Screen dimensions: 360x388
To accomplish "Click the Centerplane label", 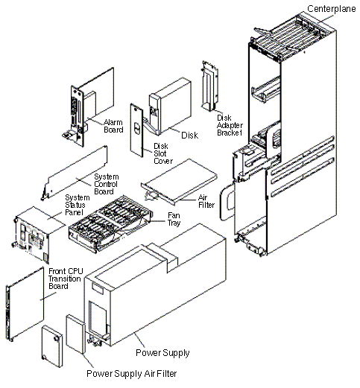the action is click(x=332, y=9).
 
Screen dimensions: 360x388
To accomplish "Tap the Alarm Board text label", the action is click(x=113, y=126).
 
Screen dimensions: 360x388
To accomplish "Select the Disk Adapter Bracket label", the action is click(x=230, y=125).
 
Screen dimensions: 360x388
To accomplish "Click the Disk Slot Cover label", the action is click(x=163, y=153).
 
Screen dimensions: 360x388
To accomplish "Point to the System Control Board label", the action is click(x=106, y=184).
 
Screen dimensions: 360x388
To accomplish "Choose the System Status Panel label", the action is click(x=78, y=205).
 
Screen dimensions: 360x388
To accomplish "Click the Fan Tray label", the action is click(x=174, y=219).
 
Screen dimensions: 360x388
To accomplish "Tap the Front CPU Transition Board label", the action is click(x=66, y=279).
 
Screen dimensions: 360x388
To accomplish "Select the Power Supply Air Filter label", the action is click(x=132, y=373).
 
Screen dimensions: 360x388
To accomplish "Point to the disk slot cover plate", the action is click(x=136, y=130).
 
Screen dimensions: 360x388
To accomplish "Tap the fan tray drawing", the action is click(x=110, y=225).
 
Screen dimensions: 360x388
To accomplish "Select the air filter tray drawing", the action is click(x=179, y=181).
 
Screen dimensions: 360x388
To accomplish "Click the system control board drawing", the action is click(x=75, y=173).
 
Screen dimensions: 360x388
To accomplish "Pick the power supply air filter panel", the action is click(x=76, y=334).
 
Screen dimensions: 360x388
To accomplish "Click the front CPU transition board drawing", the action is click(x=25, y=304).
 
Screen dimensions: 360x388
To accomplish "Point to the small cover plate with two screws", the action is click(x=52, y=346).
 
